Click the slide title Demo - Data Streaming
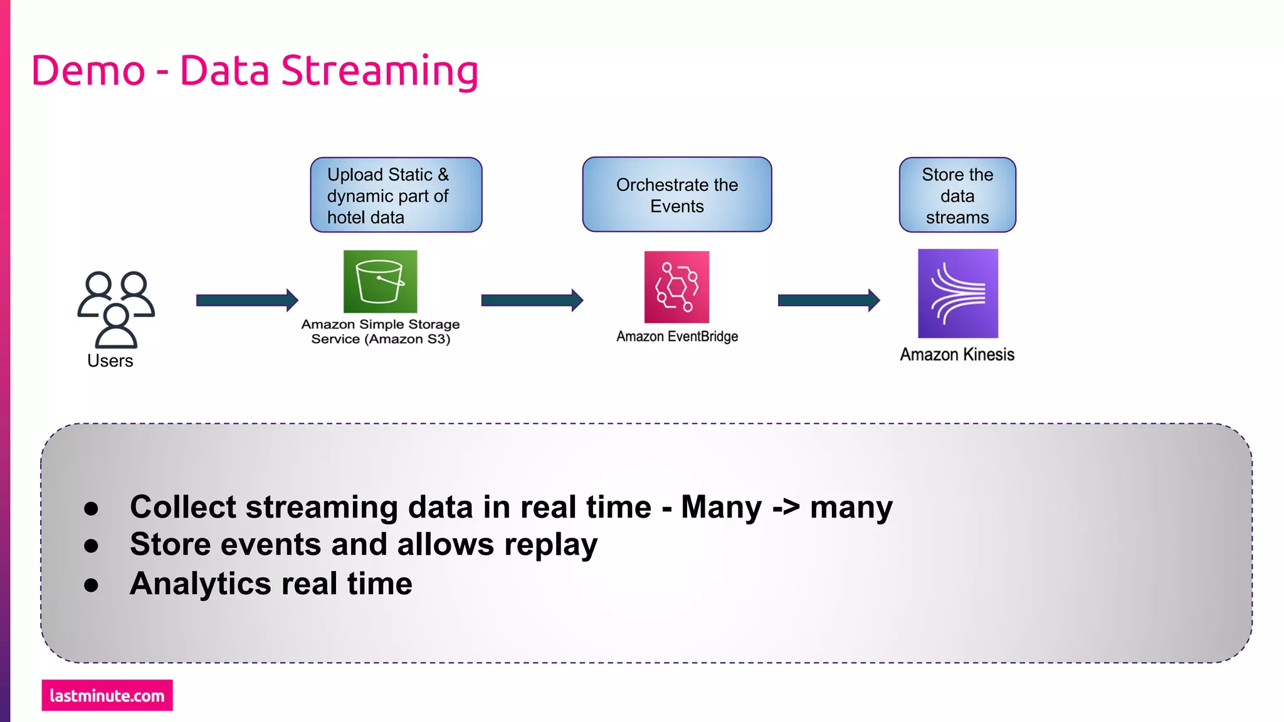tap(255, 70)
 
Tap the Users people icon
tap(116, 309)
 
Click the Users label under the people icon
tap(110, 361)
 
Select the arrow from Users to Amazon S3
tap(246, 300)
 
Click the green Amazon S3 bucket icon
tap(380, 281)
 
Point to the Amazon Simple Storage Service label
tap(381, 332)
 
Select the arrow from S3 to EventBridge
tap(532, 300)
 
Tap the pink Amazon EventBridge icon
tap(676, 287)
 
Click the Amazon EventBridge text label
tap(677, 337)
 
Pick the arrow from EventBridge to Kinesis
tap(828, 300)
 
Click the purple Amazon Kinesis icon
tap(957, 293)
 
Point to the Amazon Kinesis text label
tap(957, 355)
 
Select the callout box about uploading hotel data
tap(396, 195)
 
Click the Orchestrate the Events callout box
tap(677, 195)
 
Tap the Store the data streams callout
tap(957, 195)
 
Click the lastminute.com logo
tap(107, 696)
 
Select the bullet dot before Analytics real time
tap(92, 585)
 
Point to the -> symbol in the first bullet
tap(786, 507)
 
